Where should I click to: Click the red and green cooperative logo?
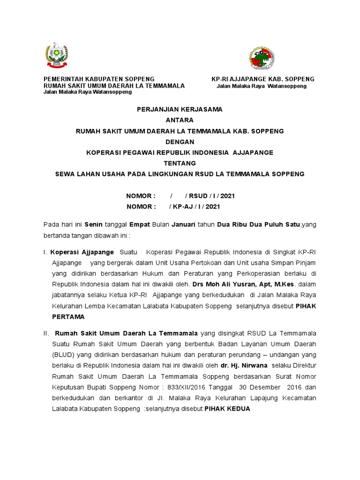pyautogui.click(x=262, y=59)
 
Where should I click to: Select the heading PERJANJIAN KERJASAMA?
pyautogui.click(x=180, y=109)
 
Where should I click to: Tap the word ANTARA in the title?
pyautogui.click(x=180, y=120)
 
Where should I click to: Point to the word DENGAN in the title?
pyautogui.click(x=180, y=142)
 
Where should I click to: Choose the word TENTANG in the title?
pyautogui.click(x=180, y=163)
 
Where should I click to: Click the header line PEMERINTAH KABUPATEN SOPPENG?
pyautogui.click(x=99, y=79)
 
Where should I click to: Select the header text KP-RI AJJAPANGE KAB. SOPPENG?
pyautogui.click(x=263, y=79)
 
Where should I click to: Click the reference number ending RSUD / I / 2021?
pyautogui.click(x=180, y=196)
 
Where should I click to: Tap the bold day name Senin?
pyautogui.click(x=93, y=225)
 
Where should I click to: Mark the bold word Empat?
pyautogui.click(x=139, y=225)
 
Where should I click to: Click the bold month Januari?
pyautogui.click(x=183, y=225)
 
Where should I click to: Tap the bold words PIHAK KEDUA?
pyautogui.click(x=227, y=409)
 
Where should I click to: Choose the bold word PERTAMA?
pyautogui.click(x=68, y=317)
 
